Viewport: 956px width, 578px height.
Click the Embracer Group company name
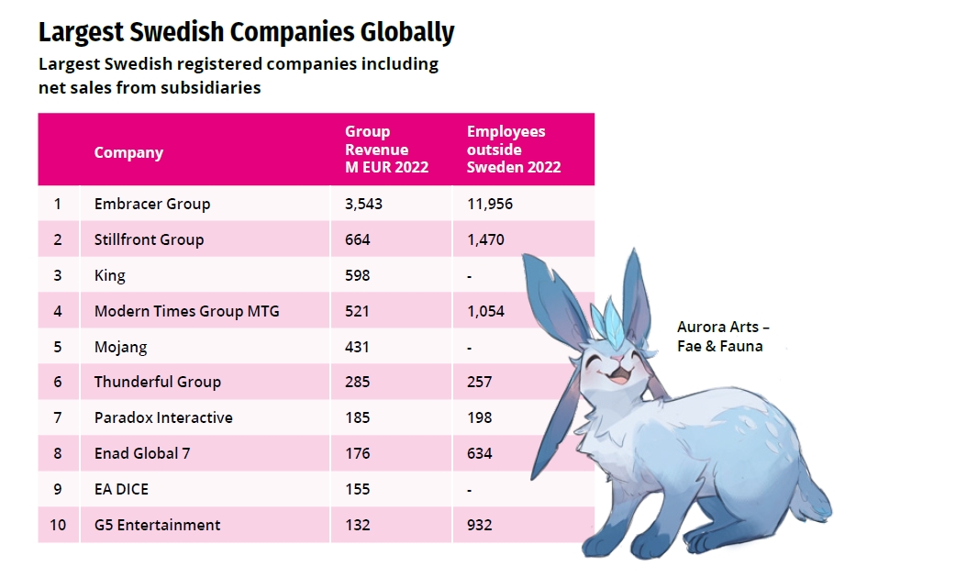151,204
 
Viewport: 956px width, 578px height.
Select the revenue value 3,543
363,204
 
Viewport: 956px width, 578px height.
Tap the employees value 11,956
490,204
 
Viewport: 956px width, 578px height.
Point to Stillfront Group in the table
149,239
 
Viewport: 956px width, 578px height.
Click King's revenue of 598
357,275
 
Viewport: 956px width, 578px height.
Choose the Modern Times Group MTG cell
186,311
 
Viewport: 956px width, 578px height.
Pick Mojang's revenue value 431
357,347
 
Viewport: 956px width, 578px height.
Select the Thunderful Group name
157,382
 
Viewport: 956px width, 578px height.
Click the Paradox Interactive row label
163,417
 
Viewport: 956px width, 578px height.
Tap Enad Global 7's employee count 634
479,453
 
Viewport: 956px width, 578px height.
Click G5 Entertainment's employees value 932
479,525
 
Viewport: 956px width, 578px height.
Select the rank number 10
58,525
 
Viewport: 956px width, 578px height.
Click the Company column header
128,152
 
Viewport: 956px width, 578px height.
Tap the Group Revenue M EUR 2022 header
386,150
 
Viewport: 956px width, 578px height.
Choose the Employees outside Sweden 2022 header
513,150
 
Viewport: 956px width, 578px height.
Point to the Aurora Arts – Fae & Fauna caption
722,336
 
